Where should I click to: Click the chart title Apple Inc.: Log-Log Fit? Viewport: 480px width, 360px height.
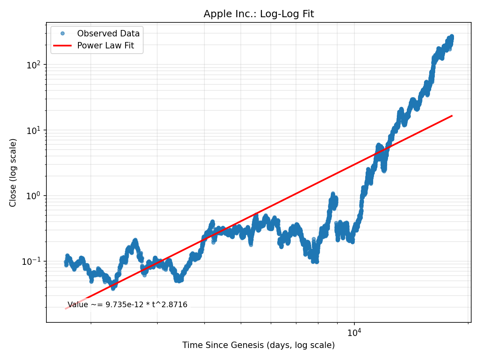pos(258,14)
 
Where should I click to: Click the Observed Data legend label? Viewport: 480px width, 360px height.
pos(108,34)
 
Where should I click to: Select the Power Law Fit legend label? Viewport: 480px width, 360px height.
pos(105,46)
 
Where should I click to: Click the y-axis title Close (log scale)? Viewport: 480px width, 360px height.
pos(13,172)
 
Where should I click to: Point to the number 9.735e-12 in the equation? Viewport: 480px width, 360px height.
pos(124,305)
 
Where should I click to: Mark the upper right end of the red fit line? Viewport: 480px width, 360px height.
pos(452,116)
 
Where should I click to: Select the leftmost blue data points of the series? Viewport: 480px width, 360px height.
pos(66,262)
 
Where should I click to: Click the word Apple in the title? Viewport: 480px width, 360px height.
pos(215,14)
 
